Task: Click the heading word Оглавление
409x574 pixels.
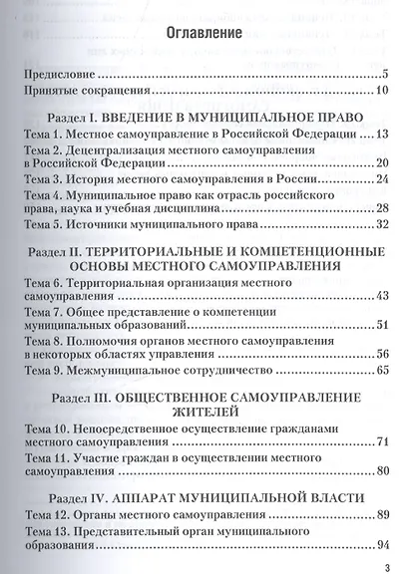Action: pos(203,33)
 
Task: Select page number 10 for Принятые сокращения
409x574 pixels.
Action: pos(381,91)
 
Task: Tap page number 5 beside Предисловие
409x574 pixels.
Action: pos(384,74)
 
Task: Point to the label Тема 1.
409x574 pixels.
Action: pos(42,133)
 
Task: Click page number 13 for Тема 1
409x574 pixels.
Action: pos(381,133)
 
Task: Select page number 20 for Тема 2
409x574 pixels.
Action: pos(381,163)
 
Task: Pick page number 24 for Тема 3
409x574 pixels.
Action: pos(381,179)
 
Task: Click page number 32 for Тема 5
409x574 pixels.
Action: pos(381,225)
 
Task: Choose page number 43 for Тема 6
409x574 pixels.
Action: pos(381,297)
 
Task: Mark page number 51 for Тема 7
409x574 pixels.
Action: pos(381,326)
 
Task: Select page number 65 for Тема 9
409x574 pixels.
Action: pos(381,371)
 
